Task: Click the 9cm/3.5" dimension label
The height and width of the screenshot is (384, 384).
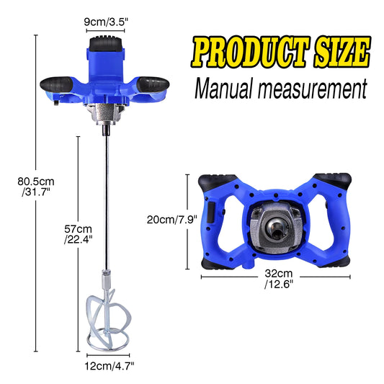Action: point(106,22)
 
